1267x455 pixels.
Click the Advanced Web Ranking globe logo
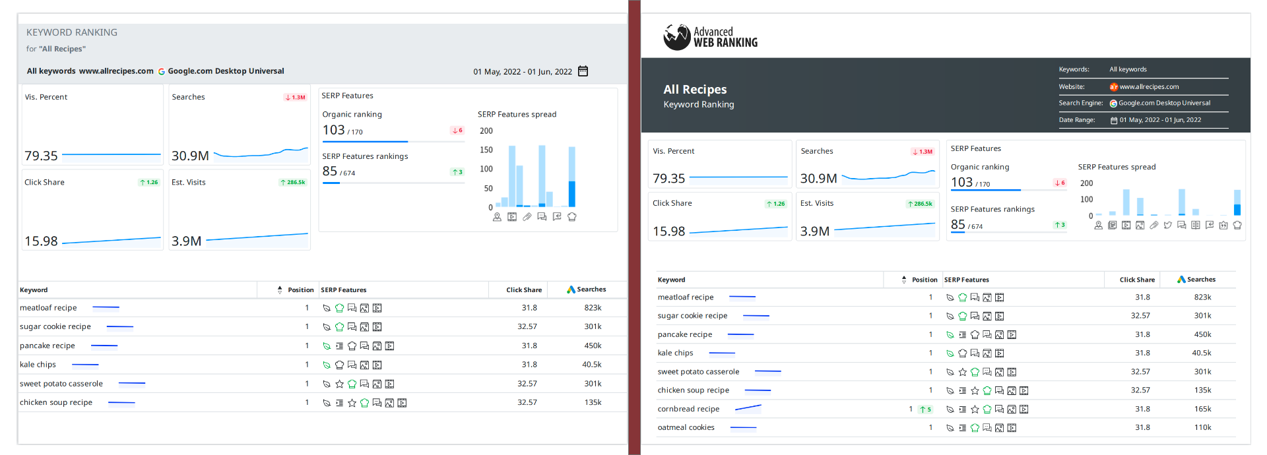677,38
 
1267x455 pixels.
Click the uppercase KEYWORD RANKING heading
72,32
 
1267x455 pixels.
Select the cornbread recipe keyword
688,409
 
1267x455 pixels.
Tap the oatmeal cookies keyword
686,427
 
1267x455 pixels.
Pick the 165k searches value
1202,409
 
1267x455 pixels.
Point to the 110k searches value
1202,427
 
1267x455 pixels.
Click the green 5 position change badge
926,409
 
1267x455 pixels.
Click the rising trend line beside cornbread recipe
748,408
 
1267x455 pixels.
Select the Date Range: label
1077,120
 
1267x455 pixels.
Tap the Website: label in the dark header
1072,86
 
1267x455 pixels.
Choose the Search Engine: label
1081,103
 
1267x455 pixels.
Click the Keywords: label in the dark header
1074,69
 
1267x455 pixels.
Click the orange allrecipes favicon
1113,86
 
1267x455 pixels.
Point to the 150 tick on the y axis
486,150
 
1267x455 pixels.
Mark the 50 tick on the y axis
488,188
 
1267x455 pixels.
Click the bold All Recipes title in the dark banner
695,90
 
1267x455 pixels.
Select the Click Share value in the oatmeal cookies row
1142,427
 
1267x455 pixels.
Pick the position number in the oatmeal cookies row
930,427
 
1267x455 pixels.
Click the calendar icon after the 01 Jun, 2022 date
583,71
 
